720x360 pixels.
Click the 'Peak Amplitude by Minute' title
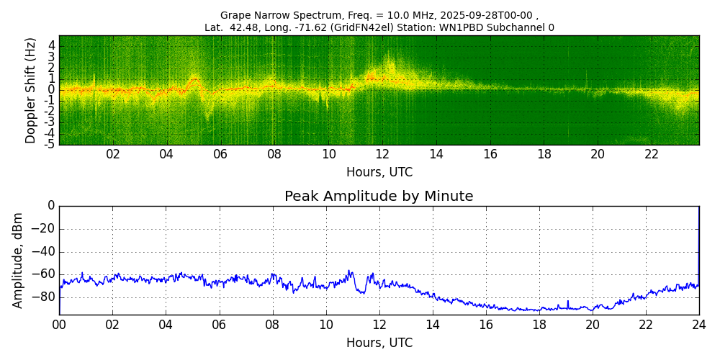(x=379, y=197)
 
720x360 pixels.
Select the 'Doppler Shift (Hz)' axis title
(x=31, y=91)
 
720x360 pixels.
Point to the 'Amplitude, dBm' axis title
(x=19, y=260)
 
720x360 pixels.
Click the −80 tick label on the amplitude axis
(x=45, y=297)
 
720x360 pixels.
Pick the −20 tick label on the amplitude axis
(x=45, y=229)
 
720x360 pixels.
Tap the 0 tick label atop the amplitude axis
(x=50, y=206)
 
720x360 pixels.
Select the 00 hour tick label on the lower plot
(x=59, y=325)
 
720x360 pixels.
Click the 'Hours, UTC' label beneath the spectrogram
(x=379, y=173)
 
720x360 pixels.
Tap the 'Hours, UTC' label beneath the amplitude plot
(x=379, y=343)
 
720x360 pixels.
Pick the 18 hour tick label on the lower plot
(x=539, y=325)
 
